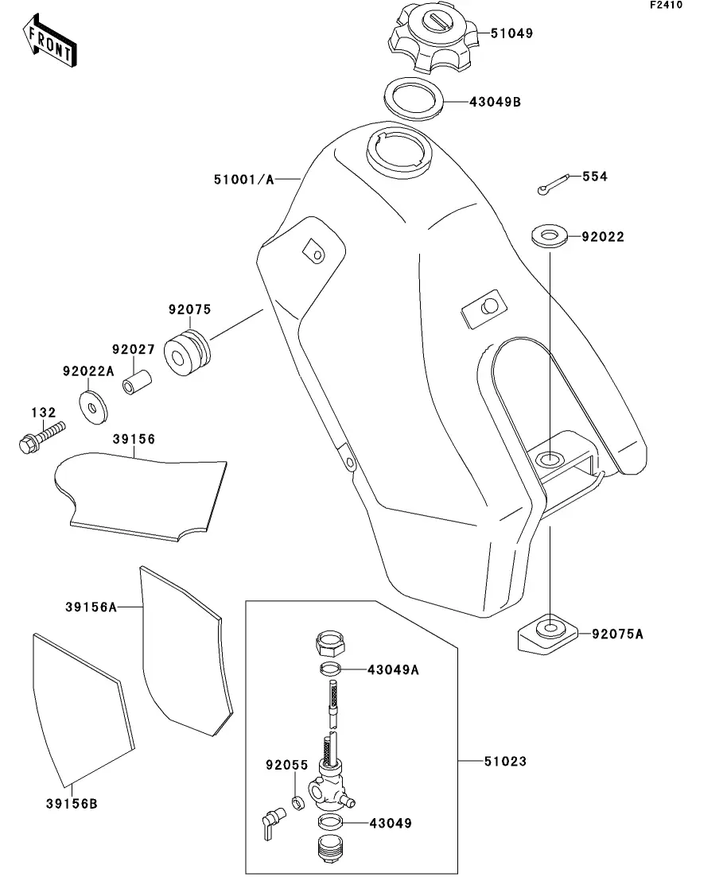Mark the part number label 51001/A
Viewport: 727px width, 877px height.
coord(243,180)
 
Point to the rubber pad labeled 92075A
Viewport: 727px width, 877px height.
coord(546,632)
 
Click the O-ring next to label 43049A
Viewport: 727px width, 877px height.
coord(332,668)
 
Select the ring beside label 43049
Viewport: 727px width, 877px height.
coord(332,822)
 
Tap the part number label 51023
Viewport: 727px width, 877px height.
coord(505,762)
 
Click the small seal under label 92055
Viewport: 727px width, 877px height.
coord(295,802)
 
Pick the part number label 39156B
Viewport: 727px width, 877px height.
coord(65,803)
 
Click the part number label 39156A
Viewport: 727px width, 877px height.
coord(91,607)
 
